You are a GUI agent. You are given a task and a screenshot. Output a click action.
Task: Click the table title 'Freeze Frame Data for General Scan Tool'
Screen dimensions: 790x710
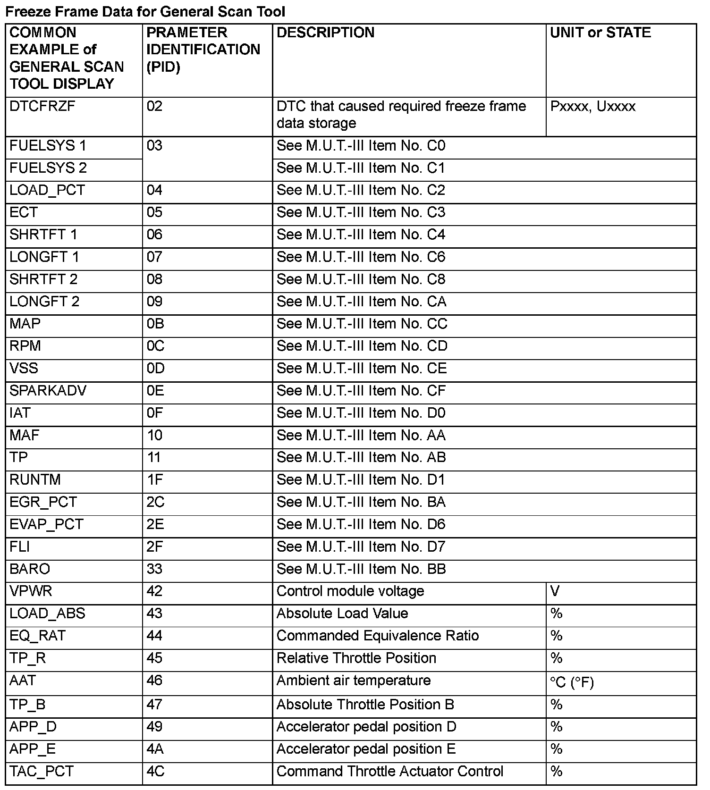click(x=145, y=11)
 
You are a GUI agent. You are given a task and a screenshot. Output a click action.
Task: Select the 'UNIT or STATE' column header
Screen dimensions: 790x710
click(x=600, y=33)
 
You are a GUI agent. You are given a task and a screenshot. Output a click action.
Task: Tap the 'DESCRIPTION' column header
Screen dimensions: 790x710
click(x=325, y=33)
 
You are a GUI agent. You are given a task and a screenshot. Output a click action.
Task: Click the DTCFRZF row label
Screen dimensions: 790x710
click(x=42, y=106)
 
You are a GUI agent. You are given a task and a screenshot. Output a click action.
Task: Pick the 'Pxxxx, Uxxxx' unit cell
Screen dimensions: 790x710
click(x=592, y=106)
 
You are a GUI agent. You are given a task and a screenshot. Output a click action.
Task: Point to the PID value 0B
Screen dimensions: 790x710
click(x=155, y=324)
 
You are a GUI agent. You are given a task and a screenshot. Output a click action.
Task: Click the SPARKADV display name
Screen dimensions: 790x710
click(x=48, y=391)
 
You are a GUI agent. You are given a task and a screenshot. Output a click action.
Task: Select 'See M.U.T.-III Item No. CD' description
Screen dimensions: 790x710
click(x=362, y=346)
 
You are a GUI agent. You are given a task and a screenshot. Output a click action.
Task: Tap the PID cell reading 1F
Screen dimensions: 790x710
click(x=154, y=479)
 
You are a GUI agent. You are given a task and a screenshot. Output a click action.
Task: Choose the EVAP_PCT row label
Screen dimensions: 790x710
click(x=46, y=524)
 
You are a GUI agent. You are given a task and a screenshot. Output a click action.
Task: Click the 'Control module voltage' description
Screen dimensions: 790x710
click(x=350, y=591)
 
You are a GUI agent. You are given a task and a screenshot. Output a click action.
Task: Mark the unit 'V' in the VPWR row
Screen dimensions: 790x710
click(x=555, y=591)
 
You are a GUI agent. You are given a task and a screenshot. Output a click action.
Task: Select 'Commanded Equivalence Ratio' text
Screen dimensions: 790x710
click(x=377, y=636)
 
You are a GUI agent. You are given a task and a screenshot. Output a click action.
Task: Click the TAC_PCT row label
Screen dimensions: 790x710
click(x=42, y=771)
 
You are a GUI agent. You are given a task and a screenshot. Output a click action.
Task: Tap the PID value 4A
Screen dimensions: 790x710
click(x=155, y=749)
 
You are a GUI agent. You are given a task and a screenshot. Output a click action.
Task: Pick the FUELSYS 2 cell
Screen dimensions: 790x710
click(x=48, y=168)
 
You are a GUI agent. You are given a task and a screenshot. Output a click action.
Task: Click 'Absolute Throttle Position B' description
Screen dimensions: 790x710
click(x=365, y=705)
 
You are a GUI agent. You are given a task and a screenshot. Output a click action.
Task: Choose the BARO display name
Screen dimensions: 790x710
click(x=30, y=569)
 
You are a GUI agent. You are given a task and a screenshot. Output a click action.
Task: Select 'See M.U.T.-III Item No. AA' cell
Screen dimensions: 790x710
click(x=361, y=435)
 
